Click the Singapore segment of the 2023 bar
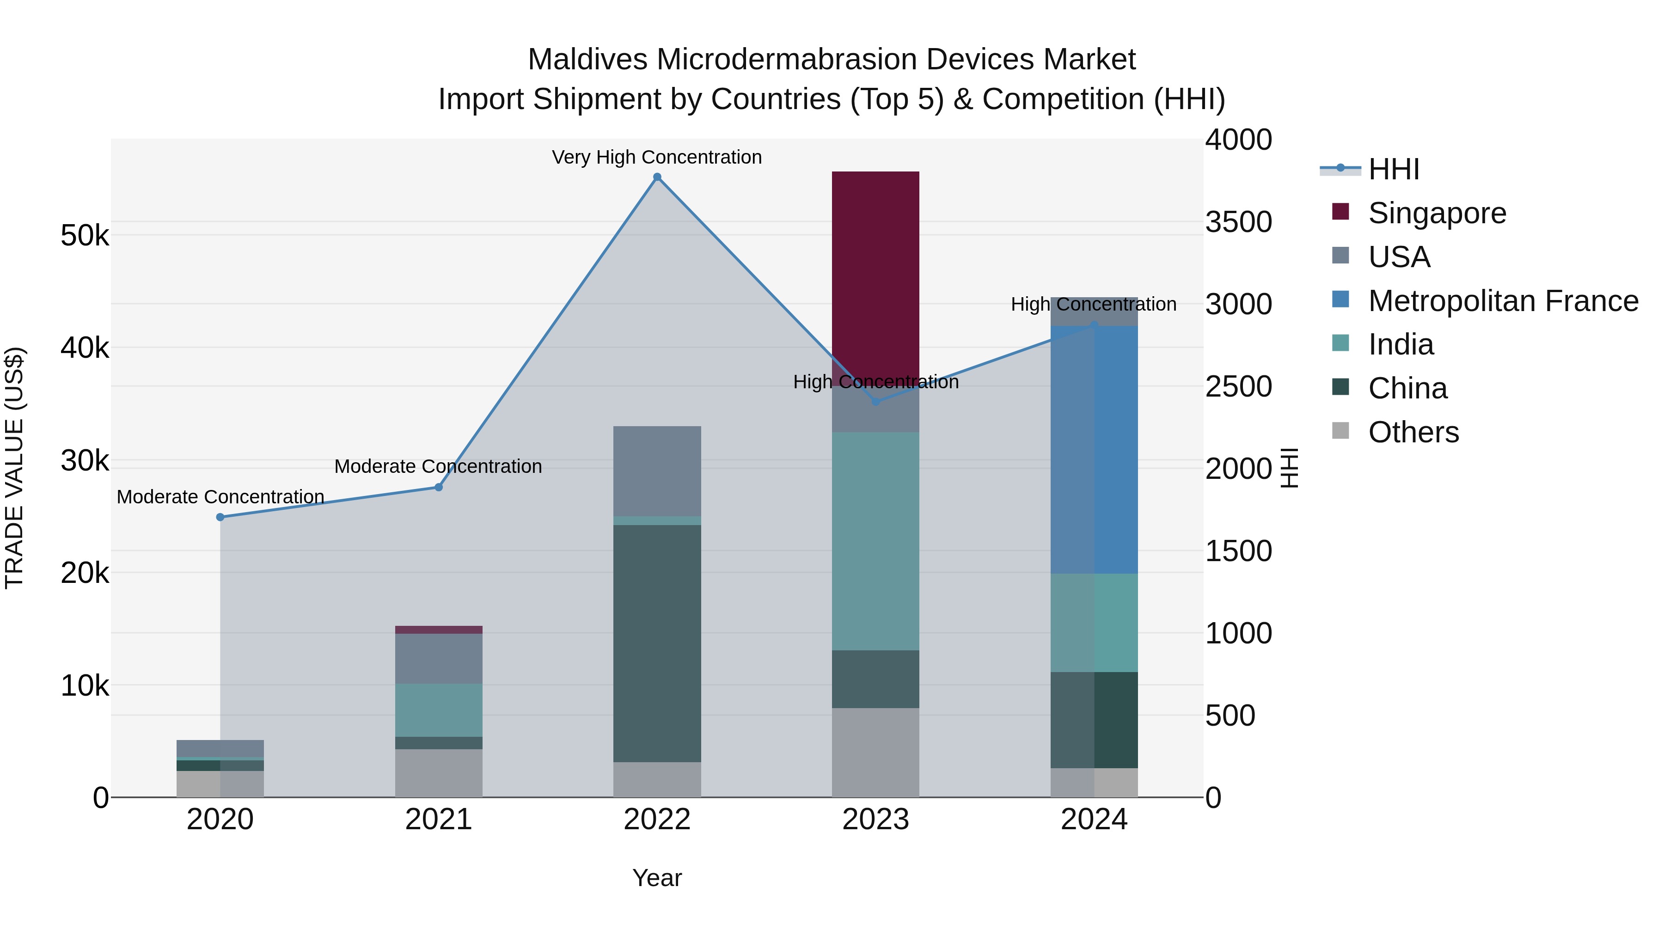coord(875,278)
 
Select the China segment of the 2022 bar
coord(657,643)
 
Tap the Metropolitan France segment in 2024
coord(1094,449)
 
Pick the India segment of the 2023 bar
coord(875,541)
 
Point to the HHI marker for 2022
coord(657,177)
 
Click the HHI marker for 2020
coord(220,517)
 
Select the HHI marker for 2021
coord(439,487)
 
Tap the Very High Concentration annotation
coord(656,158)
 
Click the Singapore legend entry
coord(1437,213)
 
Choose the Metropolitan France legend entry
coord(1503,301)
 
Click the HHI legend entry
coord(1393,169)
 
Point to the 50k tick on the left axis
coord(85,236)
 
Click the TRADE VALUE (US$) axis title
coord(15,468)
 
